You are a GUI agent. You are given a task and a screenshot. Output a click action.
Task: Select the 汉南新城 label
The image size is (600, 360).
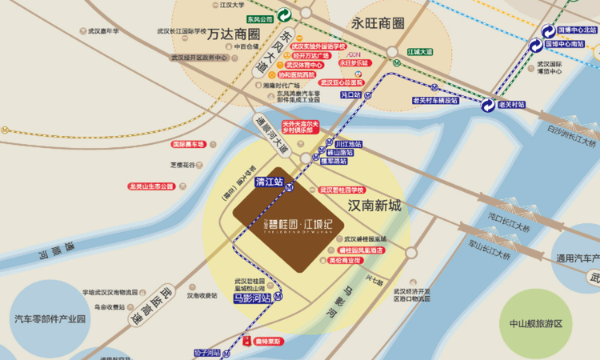click(374, 206)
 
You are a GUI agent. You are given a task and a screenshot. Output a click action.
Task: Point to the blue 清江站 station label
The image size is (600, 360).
click(270, 182)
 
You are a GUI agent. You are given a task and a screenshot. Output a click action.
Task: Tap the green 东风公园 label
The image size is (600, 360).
click(260, 18)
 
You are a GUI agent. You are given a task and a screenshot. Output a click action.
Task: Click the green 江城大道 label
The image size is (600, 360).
click(419, 51)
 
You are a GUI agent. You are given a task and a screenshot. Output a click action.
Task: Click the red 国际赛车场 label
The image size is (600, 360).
click(188, 145)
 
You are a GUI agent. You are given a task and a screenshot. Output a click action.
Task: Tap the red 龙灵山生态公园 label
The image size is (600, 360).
click(151, 186)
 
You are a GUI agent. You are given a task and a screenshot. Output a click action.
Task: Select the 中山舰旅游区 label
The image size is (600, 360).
click(536, 324)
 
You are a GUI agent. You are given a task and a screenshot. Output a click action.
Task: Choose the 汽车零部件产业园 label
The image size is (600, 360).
click(49, 318)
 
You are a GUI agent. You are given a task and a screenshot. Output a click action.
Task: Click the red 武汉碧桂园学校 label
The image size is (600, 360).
click(342, 190)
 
